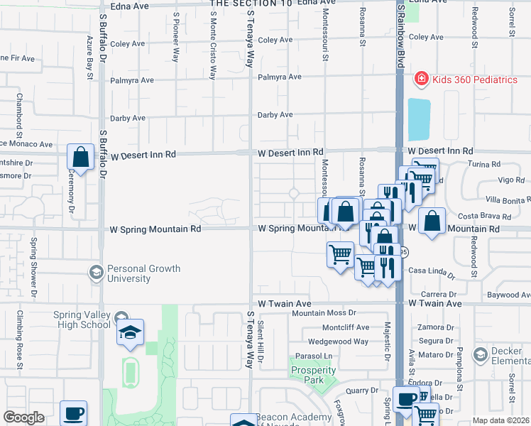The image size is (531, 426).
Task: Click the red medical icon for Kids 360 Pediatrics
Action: tap(421, 79)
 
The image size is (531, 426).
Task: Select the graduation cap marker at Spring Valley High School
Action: tap(130, 333)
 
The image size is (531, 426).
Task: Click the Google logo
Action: tap(23, 417)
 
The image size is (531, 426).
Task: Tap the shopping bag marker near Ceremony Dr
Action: tap(81, 157)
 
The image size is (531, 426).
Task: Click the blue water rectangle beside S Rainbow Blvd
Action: tap(419, 119)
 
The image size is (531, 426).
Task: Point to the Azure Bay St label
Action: tap(90, 53)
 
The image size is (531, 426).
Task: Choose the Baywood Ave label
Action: tap(505, 294)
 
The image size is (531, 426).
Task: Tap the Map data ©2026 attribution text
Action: tap(500, 420)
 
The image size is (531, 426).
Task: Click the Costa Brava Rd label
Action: tap(484, 217)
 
